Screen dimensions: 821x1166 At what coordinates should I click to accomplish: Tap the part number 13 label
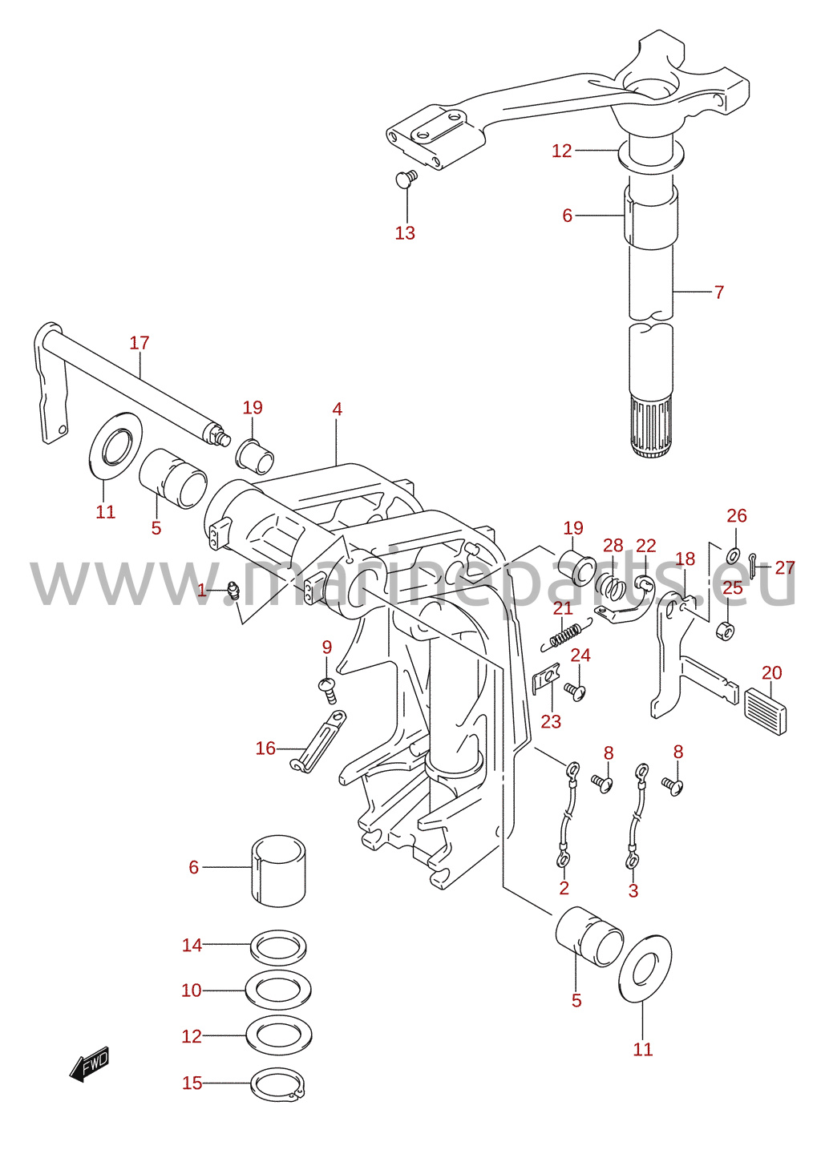405,232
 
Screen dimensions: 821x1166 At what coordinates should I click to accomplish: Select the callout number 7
719,292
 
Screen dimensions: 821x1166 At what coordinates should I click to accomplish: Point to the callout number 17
139,342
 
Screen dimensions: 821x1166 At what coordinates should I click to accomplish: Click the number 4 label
337,410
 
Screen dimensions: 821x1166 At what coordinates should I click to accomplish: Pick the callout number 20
771,672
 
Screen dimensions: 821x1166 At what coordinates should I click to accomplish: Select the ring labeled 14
279,947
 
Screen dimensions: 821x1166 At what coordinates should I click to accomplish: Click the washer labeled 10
279,990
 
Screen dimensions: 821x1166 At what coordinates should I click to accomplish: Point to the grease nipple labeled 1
233,592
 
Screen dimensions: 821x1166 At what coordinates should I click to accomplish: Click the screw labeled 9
328,690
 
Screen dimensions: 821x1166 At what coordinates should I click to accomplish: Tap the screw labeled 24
576,692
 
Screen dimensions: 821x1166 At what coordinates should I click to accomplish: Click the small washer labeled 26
732,555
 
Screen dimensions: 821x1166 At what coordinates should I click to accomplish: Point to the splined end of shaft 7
649,426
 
